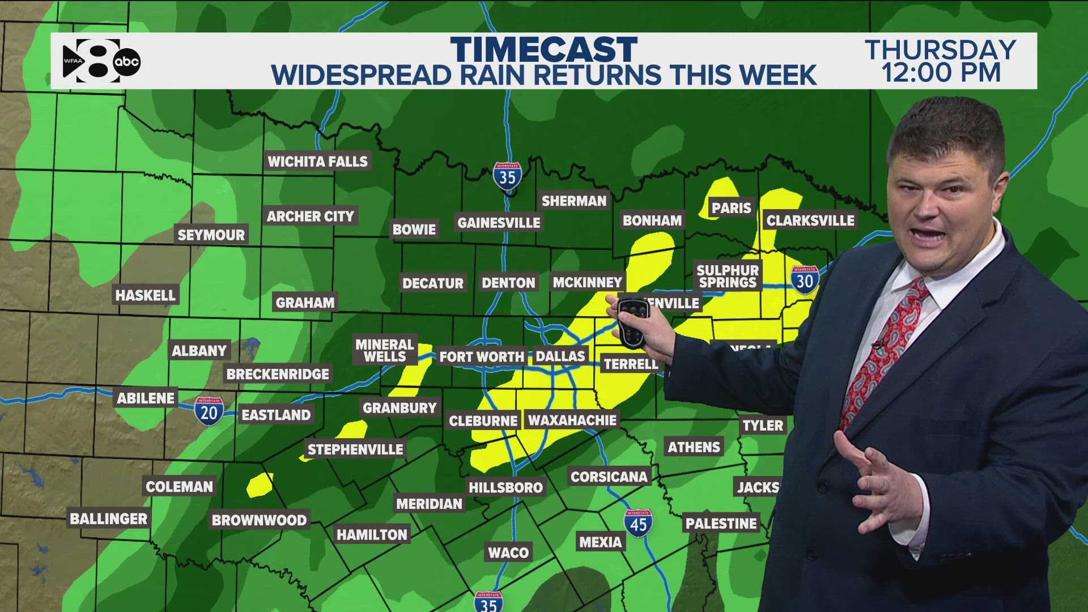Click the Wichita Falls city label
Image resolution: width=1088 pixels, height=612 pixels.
click(x=317, y=161)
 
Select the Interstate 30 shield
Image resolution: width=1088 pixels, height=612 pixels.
click(x=805, y=280)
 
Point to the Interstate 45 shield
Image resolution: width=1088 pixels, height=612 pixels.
click(x=638, y=524)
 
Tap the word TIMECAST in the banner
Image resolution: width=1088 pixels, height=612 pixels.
click(x=544, y=50)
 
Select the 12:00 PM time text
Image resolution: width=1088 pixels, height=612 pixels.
click(x=941, y=74)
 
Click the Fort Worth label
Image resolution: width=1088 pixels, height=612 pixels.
click(x=482, y=357)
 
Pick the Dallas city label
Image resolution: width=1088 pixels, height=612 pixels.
click(x=560, y=356)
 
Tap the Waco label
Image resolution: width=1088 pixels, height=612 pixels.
click(x=508, y=552)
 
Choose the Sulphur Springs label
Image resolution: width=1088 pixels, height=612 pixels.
click(x=728, y=277)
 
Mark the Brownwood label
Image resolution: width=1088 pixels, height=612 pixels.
click(x=259, y=520)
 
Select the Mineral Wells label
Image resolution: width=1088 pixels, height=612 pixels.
click(x=385, y=350)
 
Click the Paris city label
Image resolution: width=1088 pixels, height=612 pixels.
click(x=731, y=208)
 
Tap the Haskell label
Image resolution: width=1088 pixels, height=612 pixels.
click(x=146, y=295)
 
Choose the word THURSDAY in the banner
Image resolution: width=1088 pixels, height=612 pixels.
click(x=941, y=50)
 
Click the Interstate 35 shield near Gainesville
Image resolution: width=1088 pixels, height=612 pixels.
click(x=507, y=177)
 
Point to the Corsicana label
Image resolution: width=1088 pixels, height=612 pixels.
click(x=609, y=477)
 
